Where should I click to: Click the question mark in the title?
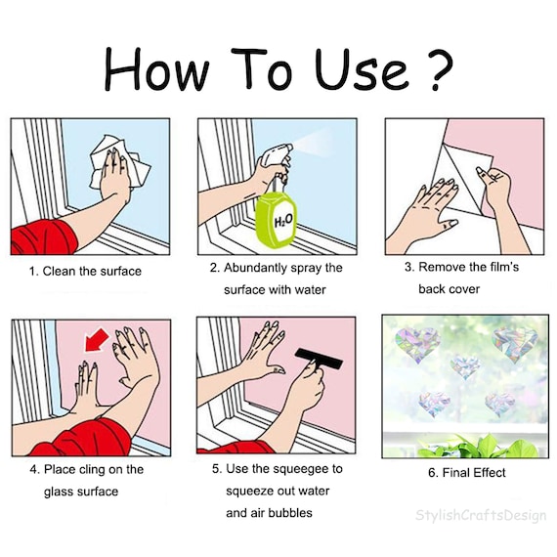pyautogui.click(x=440, y=68)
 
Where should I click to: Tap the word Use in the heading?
pyautogui.click(x=361, y=68)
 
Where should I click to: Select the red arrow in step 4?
pyautogui.click(x=97, y=340)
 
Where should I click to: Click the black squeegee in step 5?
pyautogui.click(x=319, y=359)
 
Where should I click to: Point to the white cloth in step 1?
pyautogui.click(x=119, y=162)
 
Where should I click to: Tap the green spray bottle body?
pyautogui.click(x=276, y=220)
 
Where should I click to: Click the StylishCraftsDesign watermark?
pyautogui.click(x=481, y=516)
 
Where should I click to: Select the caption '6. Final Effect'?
pyautogui.click(x=466, y=473)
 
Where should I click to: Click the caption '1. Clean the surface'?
pyautogui.click(x=85, y=272)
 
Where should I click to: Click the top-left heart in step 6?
pyautogui.click(x=418, y=344)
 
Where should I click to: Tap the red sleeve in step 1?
pyautogui.click(x=44, y=237)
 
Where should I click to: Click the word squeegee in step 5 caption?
pyautogui.click(x=294, y=469)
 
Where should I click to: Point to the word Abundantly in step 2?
pyautogui.click(x=255, y=268)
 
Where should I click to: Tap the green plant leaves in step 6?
pyautogui.click(x=476, y=448)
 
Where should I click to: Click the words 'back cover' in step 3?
pyautogui.click(x=449, y=289)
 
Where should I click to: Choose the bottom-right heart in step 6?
pyautogui.click(x=500, y=405)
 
